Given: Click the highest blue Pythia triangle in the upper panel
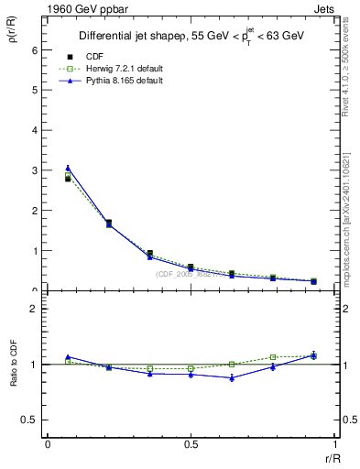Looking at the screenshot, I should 68,168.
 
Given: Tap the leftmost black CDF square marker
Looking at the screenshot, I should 68,179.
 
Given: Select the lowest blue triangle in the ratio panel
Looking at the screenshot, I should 232,377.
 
